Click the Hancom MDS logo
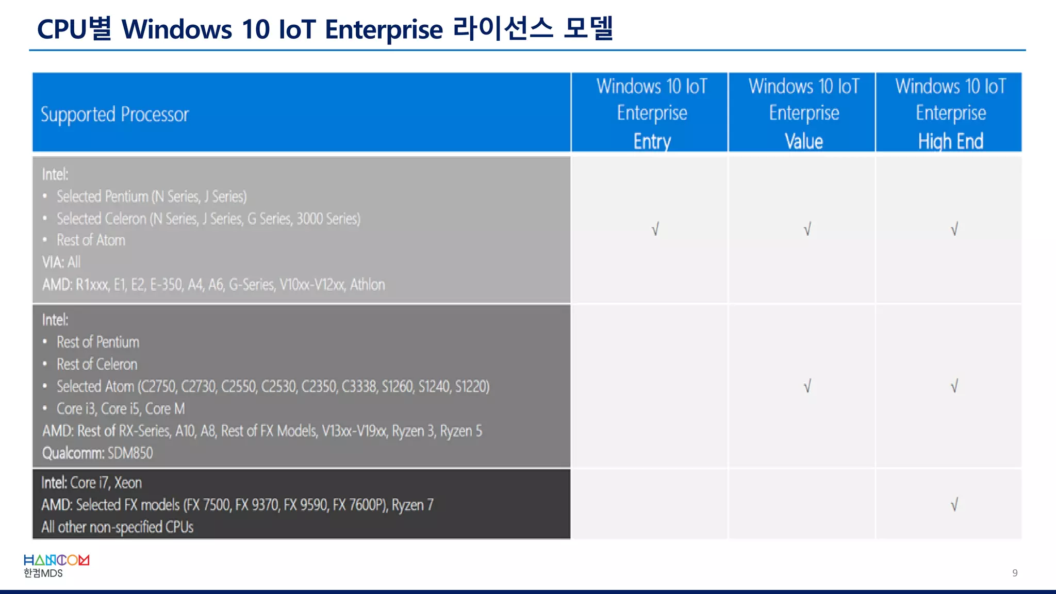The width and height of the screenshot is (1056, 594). pos(56,566)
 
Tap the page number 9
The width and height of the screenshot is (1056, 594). pos(1014,573)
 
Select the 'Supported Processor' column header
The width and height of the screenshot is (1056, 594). pos(115,114)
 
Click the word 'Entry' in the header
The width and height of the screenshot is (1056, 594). pos(652,141)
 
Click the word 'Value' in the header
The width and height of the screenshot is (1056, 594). pos(803,141)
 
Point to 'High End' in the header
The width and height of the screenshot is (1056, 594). pos(950,141)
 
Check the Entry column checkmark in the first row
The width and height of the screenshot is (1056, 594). pos(655,229)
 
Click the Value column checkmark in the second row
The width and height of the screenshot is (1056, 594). pos(807,386)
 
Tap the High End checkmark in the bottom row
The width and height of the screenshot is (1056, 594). pos(954,504)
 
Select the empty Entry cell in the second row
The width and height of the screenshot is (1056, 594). pos(649,386)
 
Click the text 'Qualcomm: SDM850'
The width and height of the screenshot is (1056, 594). pos(97,453)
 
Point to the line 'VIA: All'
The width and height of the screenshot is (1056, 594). pos(61,262)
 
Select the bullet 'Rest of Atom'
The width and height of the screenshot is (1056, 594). pos(91,240)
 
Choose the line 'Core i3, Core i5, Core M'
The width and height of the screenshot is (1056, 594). pos(121,408)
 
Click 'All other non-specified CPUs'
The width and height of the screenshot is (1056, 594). pos(117,526)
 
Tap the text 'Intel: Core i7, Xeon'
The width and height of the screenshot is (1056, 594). pos(91,483)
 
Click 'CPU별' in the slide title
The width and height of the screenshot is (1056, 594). pos(74,28)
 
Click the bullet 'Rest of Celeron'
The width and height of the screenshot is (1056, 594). pos(97,364)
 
